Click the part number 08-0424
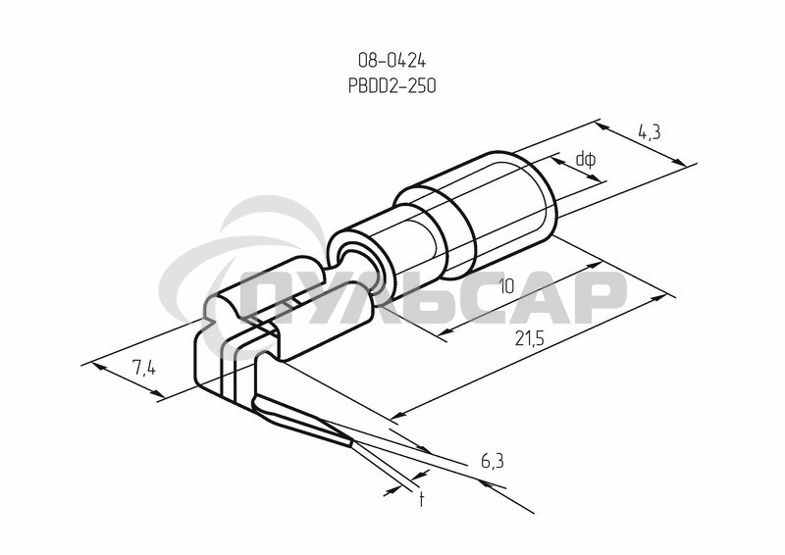[x=392, y=61]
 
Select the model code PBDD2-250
[x=392, y=85]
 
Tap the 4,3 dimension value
[x=650, y=132]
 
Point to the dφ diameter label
[x=585, y=160]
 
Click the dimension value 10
[x=506, y=286]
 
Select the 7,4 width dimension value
[x=144, y=369]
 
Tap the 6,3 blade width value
[x=493, y=462]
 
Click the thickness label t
[x=422, y=499]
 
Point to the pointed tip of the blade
[x=352, y=443]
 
